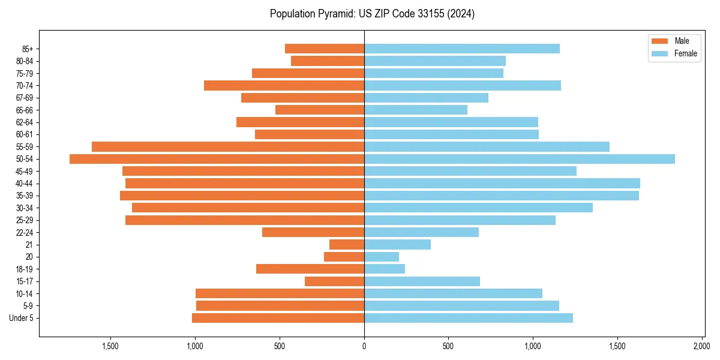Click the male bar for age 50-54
pyautogui.click(x=217, y=159)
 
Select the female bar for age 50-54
pyautogui.click(x=520, y=159)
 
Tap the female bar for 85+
pyautogui.click(x=462, y=49)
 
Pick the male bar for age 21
pyautogui.click(x=347, y=245)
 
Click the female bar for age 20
pyautogui.click(x=382, y=257)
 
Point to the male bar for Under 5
pyautogui.click(x=278, y=318)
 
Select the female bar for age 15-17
pyautogui.click(x=422, y=281)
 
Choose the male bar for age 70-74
pyautogui.click(x=284, y=86)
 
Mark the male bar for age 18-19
pyautogui.click(x=310, y=269)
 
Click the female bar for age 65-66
pyautogui.click(x=416, y=110)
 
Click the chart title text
pyautogui.click(x=372, y=14)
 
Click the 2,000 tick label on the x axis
pyautogui.click(x=702, y=346)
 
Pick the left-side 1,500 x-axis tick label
pyautogui.click(x=110, y=346)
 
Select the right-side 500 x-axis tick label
pyautogui.click(x=448, y=346)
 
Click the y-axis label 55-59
pyautogui.click(x=25, y=147)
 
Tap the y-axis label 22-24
pyautogui.click(x=25, y=233)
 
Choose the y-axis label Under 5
pyautogui.click(x=22, y=318)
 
